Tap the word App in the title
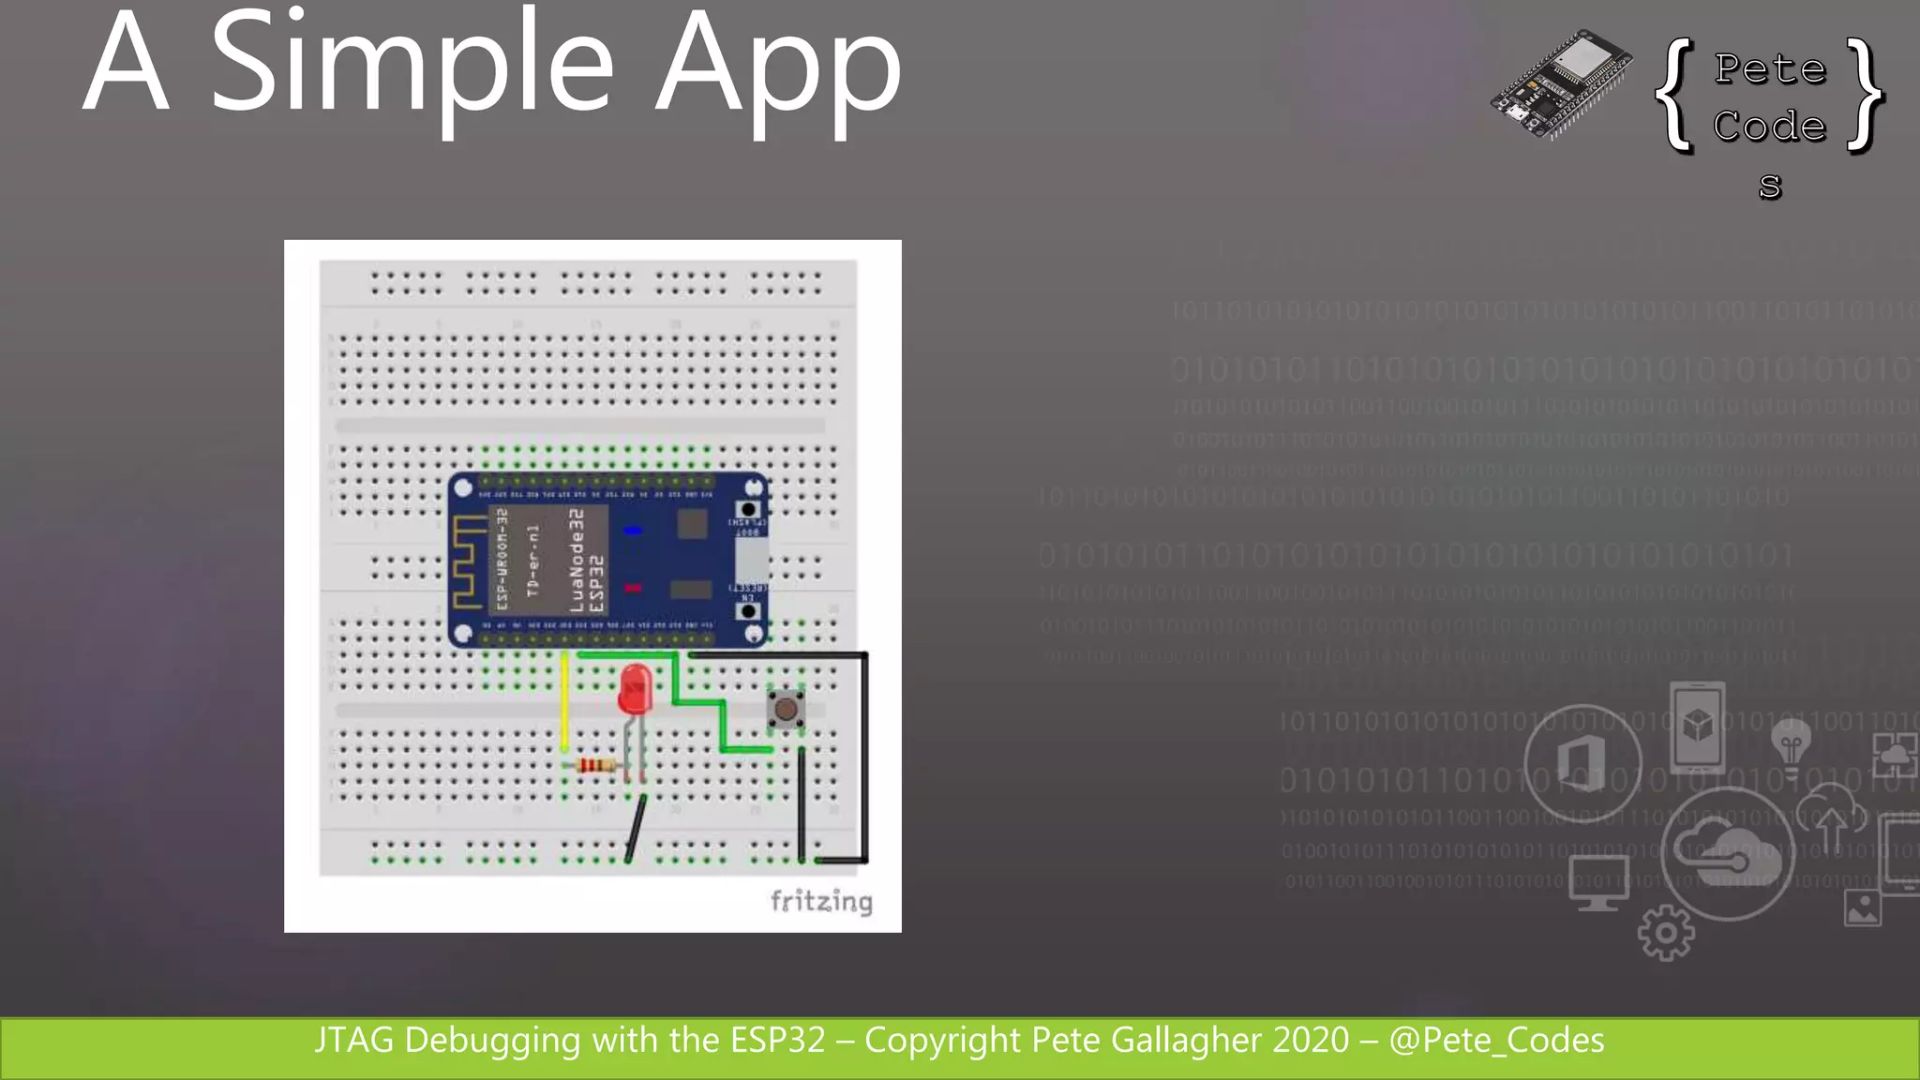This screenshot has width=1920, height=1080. pyautogui.click(x=778, y=70)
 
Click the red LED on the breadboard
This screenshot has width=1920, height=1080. pyautogui.click(x=635, y=689)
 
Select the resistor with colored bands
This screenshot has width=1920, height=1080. pyautogui.click(x=594, y=766)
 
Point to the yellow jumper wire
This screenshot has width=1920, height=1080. pyautogui.click(x=564, y=703)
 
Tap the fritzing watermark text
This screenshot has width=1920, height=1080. pyautogui.click(x=821, y=902)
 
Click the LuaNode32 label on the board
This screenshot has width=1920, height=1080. pyautogui.click(x=576, y=561)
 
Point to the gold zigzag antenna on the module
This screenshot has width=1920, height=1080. pyautogui.click(x=466, y=562)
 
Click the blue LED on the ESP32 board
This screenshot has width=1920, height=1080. pyautogui.click(x=633, y=531)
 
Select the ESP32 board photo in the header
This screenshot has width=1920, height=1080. pyautogui.click(x=1561, y=84)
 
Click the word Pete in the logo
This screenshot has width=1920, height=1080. pyautogui.click(x=1770, y=68)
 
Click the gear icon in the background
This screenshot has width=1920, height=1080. pyautogui.click(x=1666, y=932)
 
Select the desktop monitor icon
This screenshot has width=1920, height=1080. pyautogui.click(x=1598, y=882)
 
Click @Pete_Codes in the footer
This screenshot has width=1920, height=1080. pyautogui.click(x=1496, y=1041)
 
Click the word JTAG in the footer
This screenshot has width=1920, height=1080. pyautogui.click(x=354, y=1041)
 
